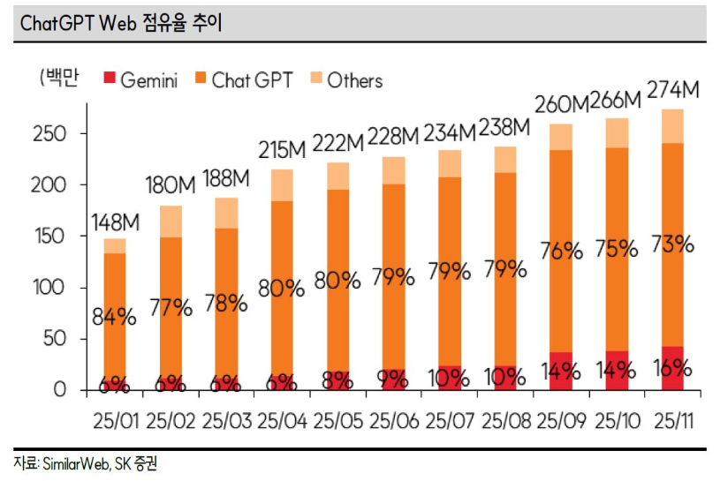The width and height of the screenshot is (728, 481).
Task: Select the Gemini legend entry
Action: pos(140,80)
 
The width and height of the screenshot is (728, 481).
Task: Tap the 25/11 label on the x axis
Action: pos(673,417)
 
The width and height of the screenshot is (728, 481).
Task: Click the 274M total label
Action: pos(673,90)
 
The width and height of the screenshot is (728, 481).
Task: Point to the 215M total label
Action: pos(282,150)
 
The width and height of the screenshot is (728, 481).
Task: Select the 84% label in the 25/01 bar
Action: pos(115,316)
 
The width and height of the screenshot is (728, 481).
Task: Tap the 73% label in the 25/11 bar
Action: pos(673,244)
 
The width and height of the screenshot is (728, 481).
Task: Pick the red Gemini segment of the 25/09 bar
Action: pos(561,371)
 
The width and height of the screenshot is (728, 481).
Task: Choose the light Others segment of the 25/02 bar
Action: pos(171,222)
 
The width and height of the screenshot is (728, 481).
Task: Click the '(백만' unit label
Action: pos(60,79)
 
